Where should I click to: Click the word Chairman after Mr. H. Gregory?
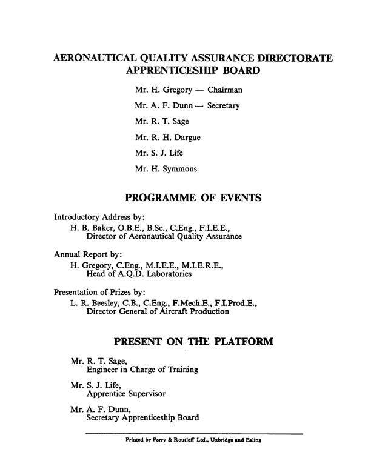coord(225,90)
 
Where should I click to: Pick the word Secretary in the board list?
coord(223,106)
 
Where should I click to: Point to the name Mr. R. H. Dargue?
coord(167,138)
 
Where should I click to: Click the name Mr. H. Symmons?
coord(166,169)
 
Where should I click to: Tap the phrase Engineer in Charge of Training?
coord(142,369)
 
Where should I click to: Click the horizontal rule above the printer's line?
coord(194,433)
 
